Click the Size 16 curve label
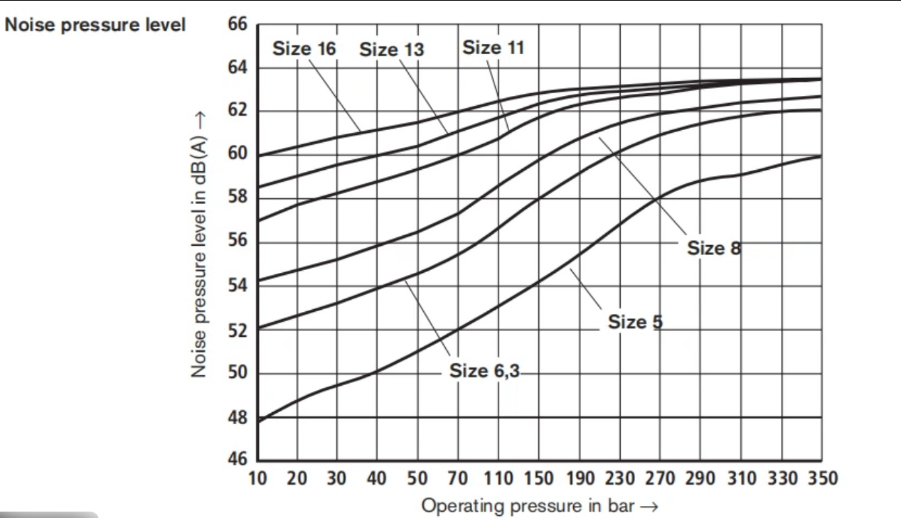pos(304,48)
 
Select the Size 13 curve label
pos(391,50)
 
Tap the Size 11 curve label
pos(493,48)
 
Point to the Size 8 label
pos(714,248)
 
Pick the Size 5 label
pos(635,322)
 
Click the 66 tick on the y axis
pos(237,25)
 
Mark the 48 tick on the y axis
pos(237,418)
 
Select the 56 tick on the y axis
pos(237,242)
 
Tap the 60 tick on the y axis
pos(237,155)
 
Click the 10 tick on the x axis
pos(257,477)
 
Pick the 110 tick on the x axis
pos(499,477)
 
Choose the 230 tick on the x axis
pos(619,477)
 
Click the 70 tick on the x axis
pos(459,477)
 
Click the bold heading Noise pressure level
pos(95,25)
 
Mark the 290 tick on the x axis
pos(700,477)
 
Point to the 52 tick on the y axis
pos(237,330)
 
